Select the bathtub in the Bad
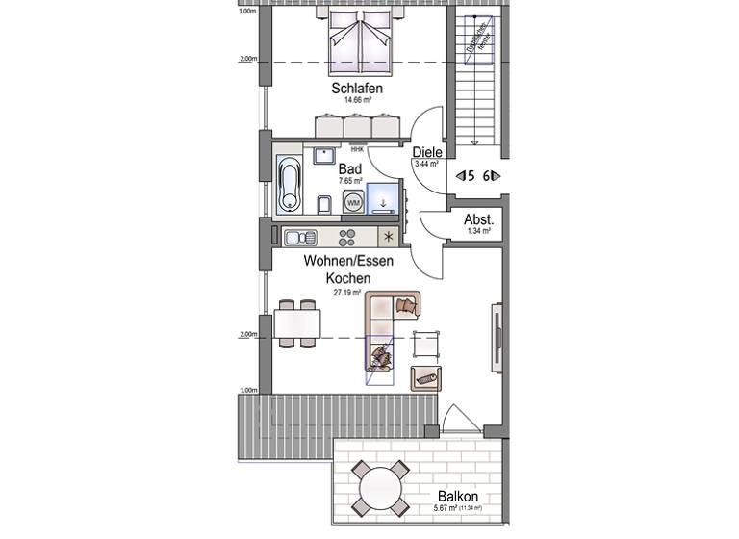289,184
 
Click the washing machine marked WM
353,203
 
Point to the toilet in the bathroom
324,202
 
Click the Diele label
426,152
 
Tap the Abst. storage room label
478,219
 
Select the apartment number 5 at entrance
467,175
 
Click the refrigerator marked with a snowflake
388,236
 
